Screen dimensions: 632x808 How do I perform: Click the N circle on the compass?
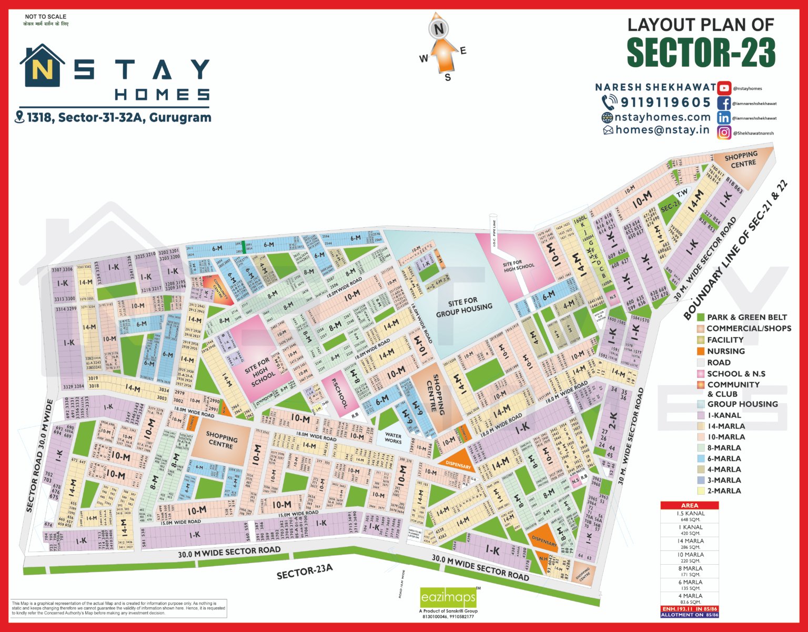[x=438, y=29]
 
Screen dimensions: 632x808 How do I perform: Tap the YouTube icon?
[x=724, y=88]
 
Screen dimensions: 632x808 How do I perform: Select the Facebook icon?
[x=724, y=103]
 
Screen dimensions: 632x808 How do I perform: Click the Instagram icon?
[x=724, y=132]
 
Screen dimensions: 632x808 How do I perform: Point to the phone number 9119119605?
[x=665, y=102]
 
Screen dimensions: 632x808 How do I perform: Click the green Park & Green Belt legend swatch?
[x=700, y=317]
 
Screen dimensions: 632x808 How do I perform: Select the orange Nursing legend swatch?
[x=700, y=351]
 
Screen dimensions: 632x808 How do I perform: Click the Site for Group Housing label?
[x=463, y=308]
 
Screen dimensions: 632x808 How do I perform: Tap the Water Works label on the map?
[x=393, y=438]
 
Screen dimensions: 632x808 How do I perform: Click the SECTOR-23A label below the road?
[x=305, y=572]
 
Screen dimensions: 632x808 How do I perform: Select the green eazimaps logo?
[x=448, y=597]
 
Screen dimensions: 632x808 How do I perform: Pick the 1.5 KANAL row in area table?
[x=690, y=516]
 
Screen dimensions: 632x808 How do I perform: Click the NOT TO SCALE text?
[x=46, y=17]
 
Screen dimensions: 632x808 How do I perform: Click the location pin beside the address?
[x=19, y=117]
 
